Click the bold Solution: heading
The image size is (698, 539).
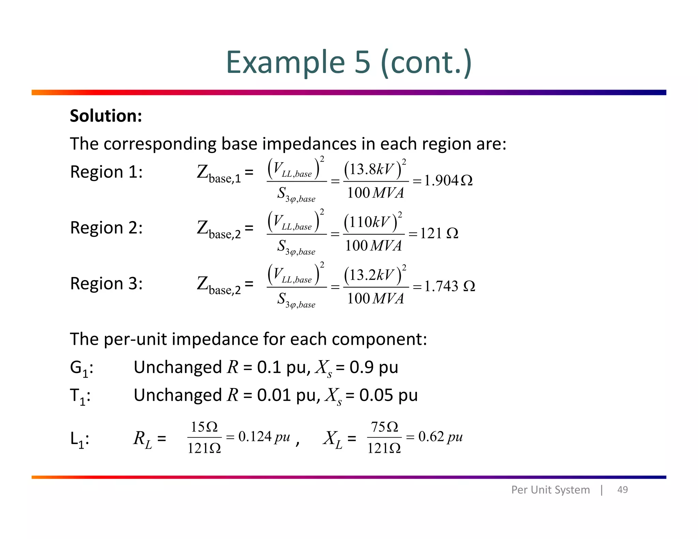coord(106,116)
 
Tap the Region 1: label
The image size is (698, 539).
coord(106,172)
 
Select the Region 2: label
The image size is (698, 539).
coord(106,228)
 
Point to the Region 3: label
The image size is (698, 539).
coord(106,283)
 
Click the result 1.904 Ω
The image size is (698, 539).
coord(448,181)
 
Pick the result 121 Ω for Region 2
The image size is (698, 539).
coord(439,233)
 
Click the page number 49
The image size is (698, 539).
coord(622,490)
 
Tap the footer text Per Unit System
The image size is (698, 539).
coord(550,490)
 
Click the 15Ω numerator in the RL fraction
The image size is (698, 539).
coord(204,427)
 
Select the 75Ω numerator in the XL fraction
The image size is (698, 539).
coord(384,427)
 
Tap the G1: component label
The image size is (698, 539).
coord(81,368)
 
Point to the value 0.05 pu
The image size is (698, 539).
coord(388,395)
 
